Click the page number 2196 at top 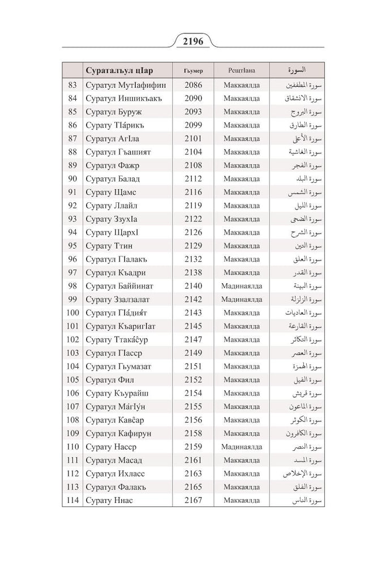193,41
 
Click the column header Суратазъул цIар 119,71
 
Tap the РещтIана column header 242,71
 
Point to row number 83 72,85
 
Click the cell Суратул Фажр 113,165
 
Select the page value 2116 193,192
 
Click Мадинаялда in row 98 242,286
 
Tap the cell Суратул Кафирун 118,433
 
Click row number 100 72,313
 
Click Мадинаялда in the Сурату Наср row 242,447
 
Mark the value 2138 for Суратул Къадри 193,272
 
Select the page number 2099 193,125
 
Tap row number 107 72,407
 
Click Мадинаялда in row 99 242,299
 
